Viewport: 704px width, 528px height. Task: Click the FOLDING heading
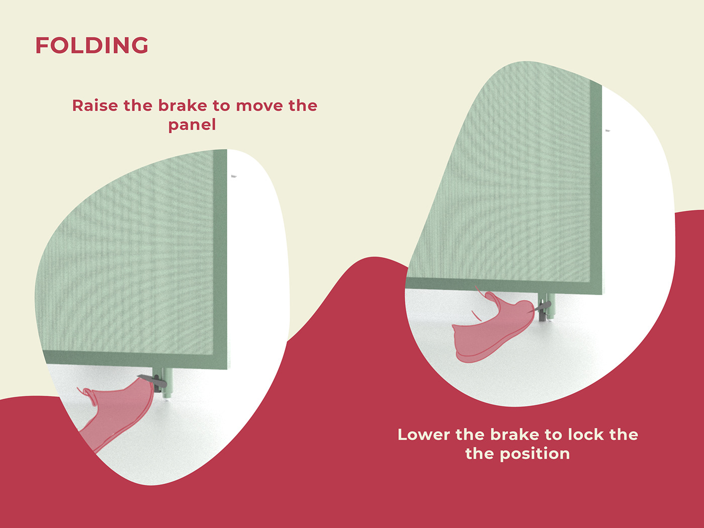point(92,45)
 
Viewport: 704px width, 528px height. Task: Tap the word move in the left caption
point(259,106)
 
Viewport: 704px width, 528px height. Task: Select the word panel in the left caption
point(192,125)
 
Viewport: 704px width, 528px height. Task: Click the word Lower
point(423,434)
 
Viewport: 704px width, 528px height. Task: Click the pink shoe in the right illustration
point(493,332)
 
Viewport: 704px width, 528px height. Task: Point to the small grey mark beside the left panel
point(234,176)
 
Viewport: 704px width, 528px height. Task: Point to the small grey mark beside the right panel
point(607,131)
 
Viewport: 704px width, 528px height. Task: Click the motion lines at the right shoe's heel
point(476,315)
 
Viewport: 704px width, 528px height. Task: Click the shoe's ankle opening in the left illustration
point(90,395)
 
